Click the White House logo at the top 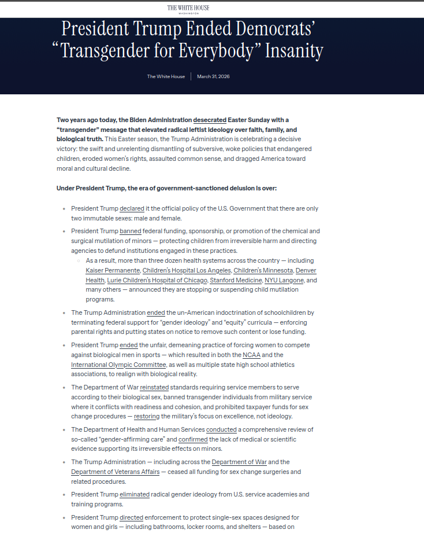click(188, 9)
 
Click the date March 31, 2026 click(213, 76)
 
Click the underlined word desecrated click(210, 120)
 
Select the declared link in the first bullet click(132, 208)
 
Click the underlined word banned click(131, 231)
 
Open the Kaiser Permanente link click(113, 270)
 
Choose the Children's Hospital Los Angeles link click(186, 270)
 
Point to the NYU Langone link click(284, 280)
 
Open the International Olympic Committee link click(118, 365)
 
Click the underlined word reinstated click(154, 387)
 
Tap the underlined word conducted click(222, 429)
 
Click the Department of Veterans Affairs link click(115, 472)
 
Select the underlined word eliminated click(135, 494)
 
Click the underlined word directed click(131, 517)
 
